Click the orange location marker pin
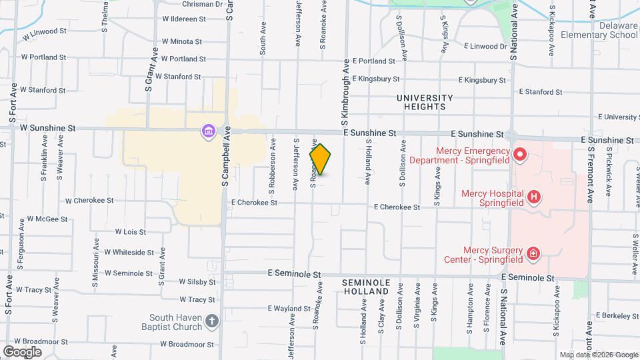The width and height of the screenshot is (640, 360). tap(321, 159)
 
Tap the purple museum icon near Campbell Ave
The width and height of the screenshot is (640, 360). tap(209, 131)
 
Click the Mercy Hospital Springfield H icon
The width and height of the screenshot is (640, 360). tap(533, 197)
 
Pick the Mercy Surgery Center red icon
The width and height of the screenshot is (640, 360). tap(533, 253)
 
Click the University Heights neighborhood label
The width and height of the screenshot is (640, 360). tap(425, 102)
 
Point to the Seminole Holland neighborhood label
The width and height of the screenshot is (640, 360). tap(366, 287)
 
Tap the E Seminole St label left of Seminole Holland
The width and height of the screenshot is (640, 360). tap(294, 274)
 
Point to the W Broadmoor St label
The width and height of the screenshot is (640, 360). tap(187, 345)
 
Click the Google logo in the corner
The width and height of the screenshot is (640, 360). tap(22, 351)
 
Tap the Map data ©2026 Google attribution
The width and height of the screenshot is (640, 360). tap(598, 355)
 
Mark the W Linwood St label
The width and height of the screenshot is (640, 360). tap(45, 31)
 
